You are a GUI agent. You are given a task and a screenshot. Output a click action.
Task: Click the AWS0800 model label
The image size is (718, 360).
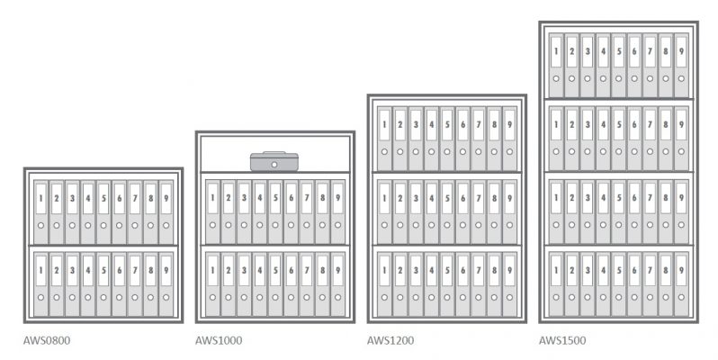coord(47,340)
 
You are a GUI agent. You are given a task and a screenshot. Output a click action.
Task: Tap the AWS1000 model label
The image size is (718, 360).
coord(219,340)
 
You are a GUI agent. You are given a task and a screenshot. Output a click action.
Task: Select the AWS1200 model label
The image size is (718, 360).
coord(390,340)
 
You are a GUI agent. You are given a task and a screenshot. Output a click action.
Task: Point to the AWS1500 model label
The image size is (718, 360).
coord(561,340)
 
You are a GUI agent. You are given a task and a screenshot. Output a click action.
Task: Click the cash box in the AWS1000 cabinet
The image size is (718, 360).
coord(274,162)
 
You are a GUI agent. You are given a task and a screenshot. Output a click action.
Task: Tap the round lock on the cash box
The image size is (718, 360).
coord(274,165)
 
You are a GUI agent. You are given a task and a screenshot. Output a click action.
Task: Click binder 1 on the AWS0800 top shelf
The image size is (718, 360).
coord(40,212)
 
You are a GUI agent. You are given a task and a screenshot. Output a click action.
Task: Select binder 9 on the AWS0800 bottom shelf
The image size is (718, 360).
coord(166,284)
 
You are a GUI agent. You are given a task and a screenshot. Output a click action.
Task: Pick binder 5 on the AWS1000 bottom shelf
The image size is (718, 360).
coord(275,284)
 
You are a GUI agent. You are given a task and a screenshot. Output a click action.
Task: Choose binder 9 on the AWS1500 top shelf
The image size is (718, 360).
coord(681,66)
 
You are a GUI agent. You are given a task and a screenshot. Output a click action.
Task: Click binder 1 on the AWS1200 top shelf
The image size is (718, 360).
coord(384,139)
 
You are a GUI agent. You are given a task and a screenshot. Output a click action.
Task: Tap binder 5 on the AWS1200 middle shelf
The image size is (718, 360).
coord(447,212)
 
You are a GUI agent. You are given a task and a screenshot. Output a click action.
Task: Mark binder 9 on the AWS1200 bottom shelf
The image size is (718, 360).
coord(509,284)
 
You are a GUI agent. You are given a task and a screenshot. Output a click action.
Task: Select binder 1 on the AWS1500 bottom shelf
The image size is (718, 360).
coord(556,284)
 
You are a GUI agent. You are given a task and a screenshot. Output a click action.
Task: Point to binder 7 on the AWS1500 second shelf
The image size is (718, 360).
coord(651,139)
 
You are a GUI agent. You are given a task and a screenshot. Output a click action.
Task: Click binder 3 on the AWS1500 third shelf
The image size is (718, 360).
coord(588,212)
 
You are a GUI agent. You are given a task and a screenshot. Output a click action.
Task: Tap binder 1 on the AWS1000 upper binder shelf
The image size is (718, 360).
coord(212,212)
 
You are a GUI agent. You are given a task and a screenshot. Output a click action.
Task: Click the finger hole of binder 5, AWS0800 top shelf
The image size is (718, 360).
coord(103,225)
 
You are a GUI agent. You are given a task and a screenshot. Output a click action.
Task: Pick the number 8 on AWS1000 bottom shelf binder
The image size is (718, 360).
coord(322,270)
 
